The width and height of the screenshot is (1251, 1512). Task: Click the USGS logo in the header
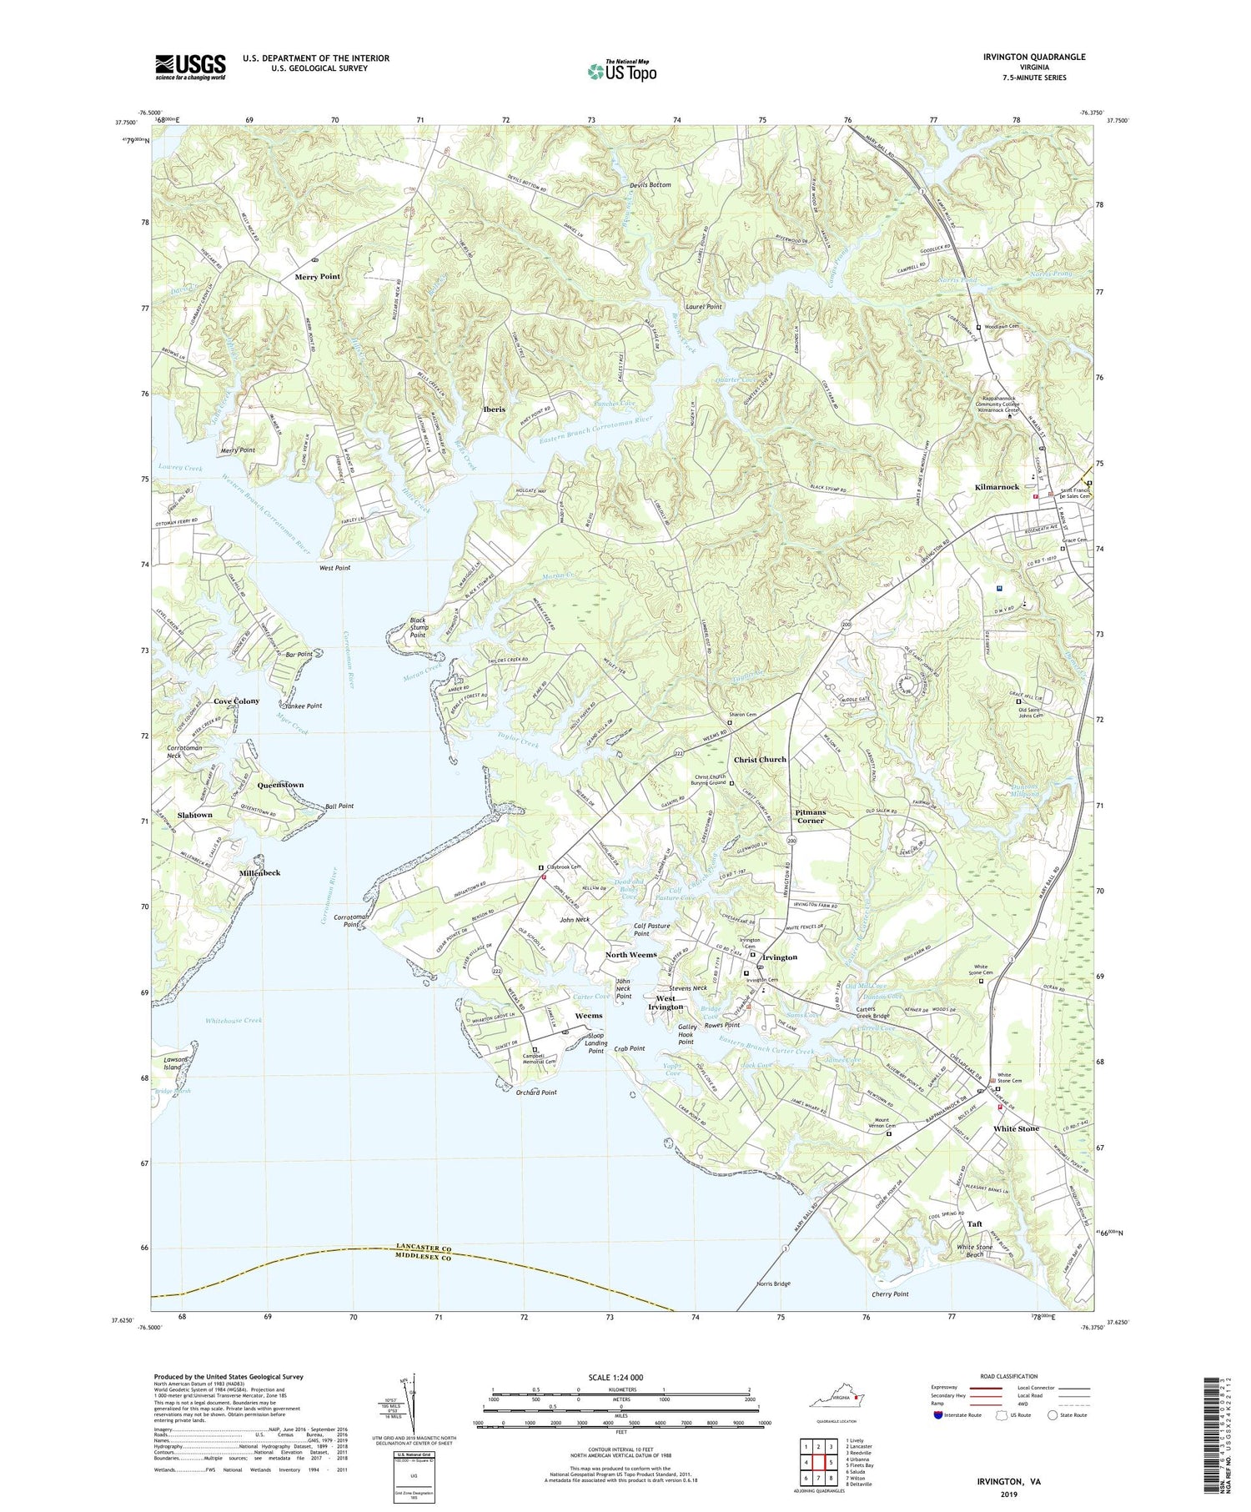pos(190,67)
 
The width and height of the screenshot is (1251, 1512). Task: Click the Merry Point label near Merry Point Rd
pos(317,276)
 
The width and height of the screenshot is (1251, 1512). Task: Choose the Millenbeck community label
pos(259,872)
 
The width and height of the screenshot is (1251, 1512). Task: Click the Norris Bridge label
pos(772,1283)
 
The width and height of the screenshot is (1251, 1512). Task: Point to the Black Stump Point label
pos(418,627)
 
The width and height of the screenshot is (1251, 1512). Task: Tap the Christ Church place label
pos(760,760)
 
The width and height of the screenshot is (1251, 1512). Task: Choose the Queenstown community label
pos(280,785)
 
